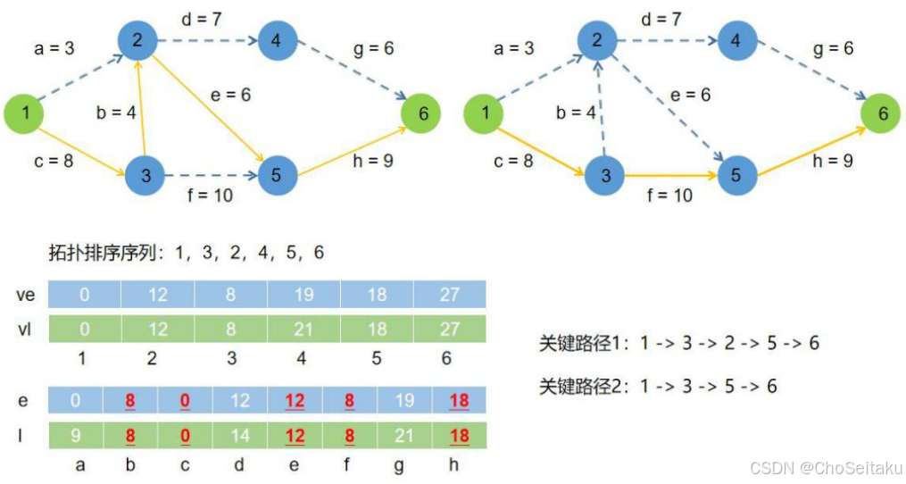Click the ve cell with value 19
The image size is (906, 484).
pyautogui.click(x=303, y=294)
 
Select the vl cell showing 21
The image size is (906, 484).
pyautogui.click(x=303, y=330)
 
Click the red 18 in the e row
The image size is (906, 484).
pyautogui.click(x=459, y=400)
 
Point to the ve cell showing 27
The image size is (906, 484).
pyautogui.click(x=449, y=294)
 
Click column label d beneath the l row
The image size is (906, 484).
pyautogui.click(x=240, y=464)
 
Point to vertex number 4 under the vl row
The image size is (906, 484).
pyautogui.click(x=303, y=357)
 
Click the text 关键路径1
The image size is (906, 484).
pyautogui.click(x=578, y=343)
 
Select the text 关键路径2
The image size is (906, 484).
pyautogui.click(x=578, y=386)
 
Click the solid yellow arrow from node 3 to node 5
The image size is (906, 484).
pyautogui.click(x=669, y=176)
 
